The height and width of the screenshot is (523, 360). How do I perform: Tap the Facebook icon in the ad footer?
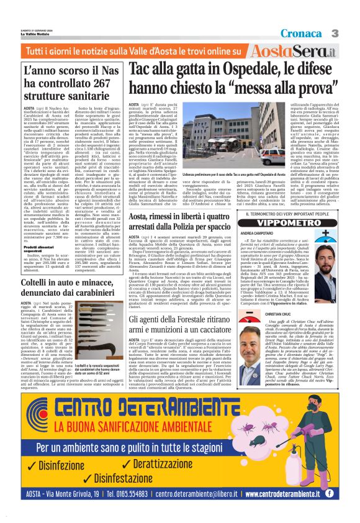coord(330,494)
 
